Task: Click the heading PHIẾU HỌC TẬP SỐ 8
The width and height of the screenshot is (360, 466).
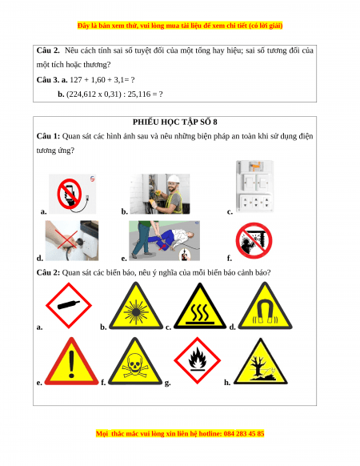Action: pos(174,122)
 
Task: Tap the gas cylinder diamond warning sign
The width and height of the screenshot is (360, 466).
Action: pos(69,305)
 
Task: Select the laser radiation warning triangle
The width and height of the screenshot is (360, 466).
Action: pos(136,306)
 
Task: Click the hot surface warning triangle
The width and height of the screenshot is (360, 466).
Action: pos(200,306)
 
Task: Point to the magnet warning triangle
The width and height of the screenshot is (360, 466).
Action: pos(265,306)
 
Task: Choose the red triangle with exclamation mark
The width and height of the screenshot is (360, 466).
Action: pos(71,361)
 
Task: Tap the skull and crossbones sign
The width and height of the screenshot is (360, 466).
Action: pos(135,361)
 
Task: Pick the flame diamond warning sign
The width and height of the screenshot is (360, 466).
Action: pos(198,360)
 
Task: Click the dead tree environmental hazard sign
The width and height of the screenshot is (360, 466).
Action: pos(261,362)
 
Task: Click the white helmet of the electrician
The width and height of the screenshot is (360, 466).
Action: pos(174,179)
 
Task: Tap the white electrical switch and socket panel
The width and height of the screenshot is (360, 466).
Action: pos(254,186)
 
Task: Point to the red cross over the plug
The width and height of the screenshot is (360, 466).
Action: pos(66,239)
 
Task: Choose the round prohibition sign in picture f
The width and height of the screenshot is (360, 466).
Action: pos(254,240)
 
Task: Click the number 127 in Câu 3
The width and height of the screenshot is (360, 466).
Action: pos(76,79)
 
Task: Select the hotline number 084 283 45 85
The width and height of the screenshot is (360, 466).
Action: pos(244,434)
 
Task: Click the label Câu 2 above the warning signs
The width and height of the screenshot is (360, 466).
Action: pos(48,272)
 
